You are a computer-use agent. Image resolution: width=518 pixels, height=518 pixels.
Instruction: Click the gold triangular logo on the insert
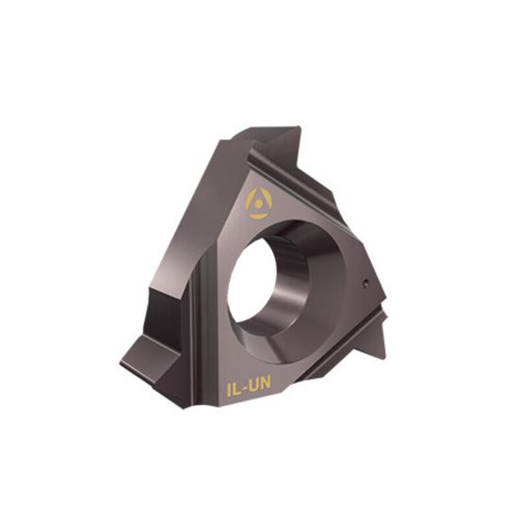pos(258,202)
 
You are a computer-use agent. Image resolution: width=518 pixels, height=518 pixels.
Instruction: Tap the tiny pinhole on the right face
pos(365,280)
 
